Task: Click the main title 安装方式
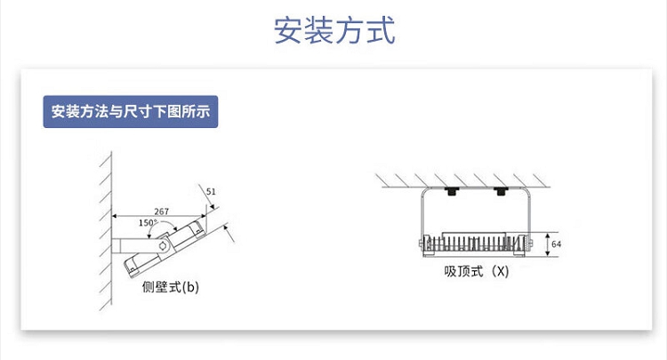[x=333, y=30]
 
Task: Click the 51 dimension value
[x=211, y=191]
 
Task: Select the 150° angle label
[x=148, y=222]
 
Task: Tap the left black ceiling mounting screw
[x=452, y=191]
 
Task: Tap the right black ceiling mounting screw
[x=501, y=191]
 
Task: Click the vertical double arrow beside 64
[x=544, y=243]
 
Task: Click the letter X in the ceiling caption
[x=501, y=272]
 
